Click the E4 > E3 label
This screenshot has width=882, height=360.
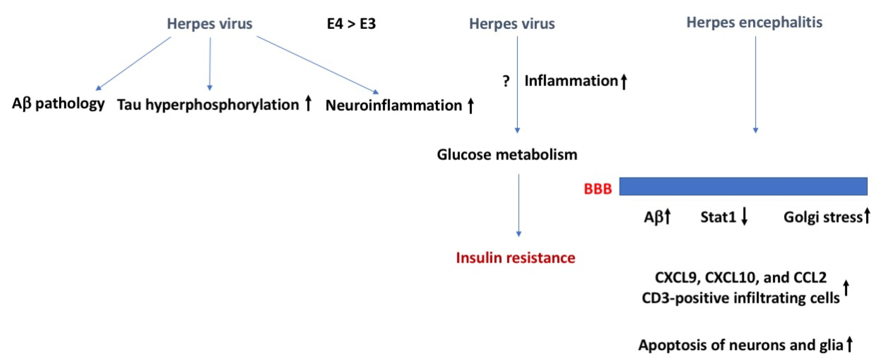[x=351, y=24]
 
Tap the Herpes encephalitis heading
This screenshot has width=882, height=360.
[x=754, y=23]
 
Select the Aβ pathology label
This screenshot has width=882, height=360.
[x=58, y=103]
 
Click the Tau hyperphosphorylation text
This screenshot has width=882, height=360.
[x=208, y=105]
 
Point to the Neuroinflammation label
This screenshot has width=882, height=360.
[x=394, y=105]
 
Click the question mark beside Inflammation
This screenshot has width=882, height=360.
[x=506, y=81]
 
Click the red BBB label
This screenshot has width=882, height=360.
[x=598, y=189]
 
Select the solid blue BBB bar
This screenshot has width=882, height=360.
[x=743, y=186]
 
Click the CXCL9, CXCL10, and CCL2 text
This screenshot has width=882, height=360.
[x=741, y=277]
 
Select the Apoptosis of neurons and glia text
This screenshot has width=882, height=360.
[x=741, y=345]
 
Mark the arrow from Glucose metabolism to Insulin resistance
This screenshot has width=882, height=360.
[x=519, y=205]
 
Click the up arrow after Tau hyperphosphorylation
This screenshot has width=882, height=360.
[x=308, y=103]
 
